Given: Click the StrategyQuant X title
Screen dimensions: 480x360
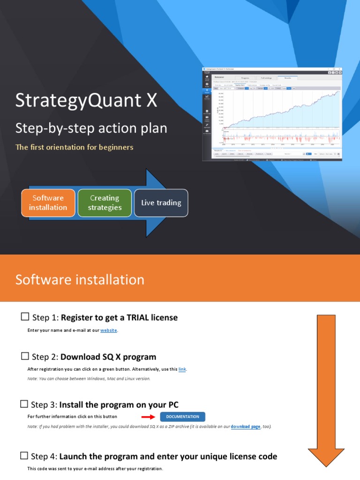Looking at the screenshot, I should (86, 100).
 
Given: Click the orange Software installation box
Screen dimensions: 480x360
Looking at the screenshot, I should (48, 203).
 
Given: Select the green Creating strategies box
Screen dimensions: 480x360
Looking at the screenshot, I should (105, 203).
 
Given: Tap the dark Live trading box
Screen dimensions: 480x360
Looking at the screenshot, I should (161, 203).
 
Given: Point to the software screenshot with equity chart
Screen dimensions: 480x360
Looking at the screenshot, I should (272, 114).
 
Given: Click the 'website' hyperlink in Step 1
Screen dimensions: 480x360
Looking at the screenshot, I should (109, 330).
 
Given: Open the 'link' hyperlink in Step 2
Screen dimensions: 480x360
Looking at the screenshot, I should (182, 369).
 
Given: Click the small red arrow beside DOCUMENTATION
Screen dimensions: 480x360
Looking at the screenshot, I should (148, 417).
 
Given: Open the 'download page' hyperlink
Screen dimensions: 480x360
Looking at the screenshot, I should (245, 427).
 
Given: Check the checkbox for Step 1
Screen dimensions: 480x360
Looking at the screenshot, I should (25, 317).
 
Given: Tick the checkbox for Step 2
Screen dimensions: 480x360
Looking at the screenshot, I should (25, 357).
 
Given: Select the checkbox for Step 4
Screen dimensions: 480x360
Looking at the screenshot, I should (25, 456).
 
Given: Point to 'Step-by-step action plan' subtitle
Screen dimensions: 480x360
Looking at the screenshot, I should (91, 128).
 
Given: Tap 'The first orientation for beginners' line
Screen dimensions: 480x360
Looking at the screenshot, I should (75, 147).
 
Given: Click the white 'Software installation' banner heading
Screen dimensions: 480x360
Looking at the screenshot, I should (80, 280).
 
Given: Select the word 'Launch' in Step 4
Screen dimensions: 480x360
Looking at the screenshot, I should (74, 457).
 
